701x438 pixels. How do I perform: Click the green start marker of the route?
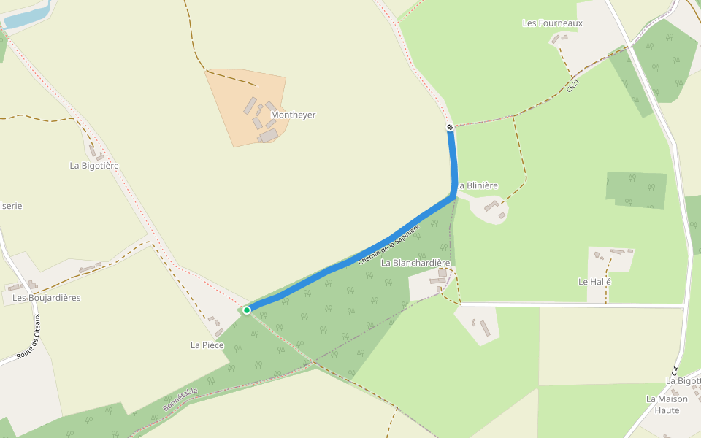pyautogui.click(x=247, y=310)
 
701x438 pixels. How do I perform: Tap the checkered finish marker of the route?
pyautogui.click(x=450, y=128)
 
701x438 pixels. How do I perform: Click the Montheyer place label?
pyautogui.click(x=293, y=115)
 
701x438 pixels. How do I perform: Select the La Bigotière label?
pyautogui.click(x=94, y=166)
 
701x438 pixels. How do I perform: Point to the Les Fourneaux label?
pyautogui.click(x=553, y=23)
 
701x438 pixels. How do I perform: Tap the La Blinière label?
pyautogui.click(x=478, y=186)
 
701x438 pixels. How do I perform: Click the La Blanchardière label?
pyautogui.click(x=415, y=263)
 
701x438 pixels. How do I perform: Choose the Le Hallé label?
pyautogui.click(x=594, y=281)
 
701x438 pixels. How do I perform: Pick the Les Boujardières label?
pyautogui.click(x=46, y=298)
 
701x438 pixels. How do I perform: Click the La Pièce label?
pyautogui.click(x=207, y=345)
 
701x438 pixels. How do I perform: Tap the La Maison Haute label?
pyautogui.click(x=667, y=404)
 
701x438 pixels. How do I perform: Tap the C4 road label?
pyautogui.click(x=675, y=370)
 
